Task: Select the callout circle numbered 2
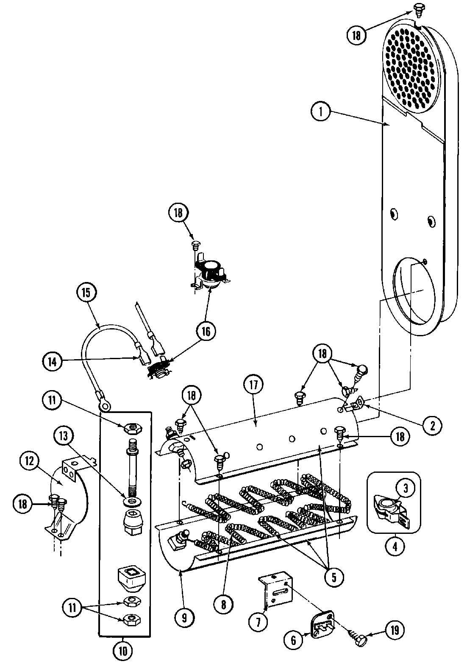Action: click(432, 425)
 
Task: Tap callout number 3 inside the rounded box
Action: click(405, 488)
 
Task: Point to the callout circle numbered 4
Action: click(395, 547)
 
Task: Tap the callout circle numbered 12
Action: click(28, 460)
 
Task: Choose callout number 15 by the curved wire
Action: click(86, 292)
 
